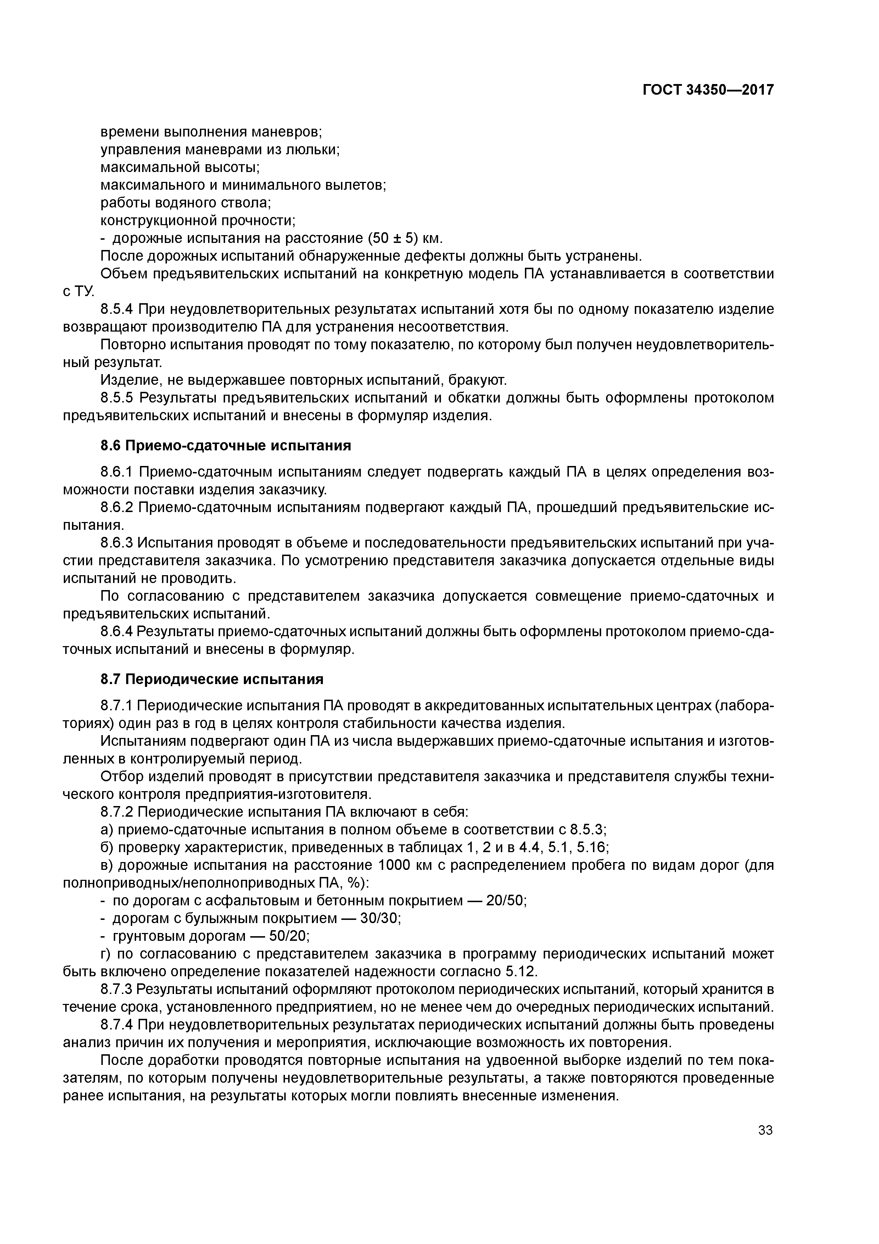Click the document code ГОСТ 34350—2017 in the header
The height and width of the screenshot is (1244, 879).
coord(708,89)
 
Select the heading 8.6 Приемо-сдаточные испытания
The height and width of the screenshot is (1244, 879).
coord(226,445)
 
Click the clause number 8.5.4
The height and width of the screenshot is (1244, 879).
coord(117,309)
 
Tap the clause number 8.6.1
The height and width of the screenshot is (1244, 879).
coord(117,472)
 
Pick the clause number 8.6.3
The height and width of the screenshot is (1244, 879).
coord(117,543)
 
